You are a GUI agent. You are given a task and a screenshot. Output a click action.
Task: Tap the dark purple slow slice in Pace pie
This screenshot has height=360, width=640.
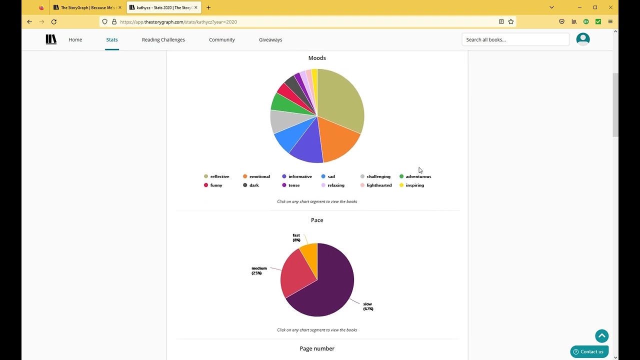[x=328, y=288]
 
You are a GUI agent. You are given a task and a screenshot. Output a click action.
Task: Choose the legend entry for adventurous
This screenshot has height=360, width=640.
[x=415, y=176]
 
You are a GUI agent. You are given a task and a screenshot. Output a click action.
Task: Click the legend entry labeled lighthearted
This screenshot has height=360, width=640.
[x=376, y=185]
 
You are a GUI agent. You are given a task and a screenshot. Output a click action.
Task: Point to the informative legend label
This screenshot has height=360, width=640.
[x=300, y=176]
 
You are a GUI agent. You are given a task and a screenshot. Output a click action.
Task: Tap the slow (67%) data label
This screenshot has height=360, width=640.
[x=368, y=306]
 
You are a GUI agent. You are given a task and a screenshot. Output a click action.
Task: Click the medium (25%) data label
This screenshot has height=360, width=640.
[x=259, y=270]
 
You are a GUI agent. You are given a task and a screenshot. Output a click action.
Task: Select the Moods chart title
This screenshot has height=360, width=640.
[x=317, y=58]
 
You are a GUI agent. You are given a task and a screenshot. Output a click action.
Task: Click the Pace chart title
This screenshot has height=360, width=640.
[x=317, y=220]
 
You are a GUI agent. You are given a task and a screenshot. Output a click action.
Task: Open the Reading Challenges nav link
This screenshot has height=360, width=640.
[x=163, y=39]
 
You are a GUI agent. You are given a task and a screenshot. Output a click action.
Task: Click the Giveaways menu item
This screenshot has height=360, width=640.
[x=270, y=39]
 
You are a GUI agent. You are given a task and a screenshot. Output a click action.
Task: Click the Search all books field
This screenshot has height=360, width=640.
[x=515, y=39]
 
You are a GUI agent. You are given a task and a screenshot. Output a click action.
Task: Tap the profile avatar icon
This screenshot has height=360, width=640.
[x=583, y=39]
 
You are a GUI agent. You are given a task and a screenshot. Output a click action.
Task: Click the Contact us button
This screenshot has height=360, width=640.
[x=589, y=351]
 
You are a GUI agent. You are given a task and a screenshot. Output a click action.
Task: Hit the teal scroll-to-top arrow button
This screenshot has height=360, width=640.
[x=602, y=335]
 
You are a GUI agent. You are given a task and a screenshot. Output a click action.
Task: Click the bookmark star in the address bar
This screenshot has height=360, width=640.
[x=511, y=21]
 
